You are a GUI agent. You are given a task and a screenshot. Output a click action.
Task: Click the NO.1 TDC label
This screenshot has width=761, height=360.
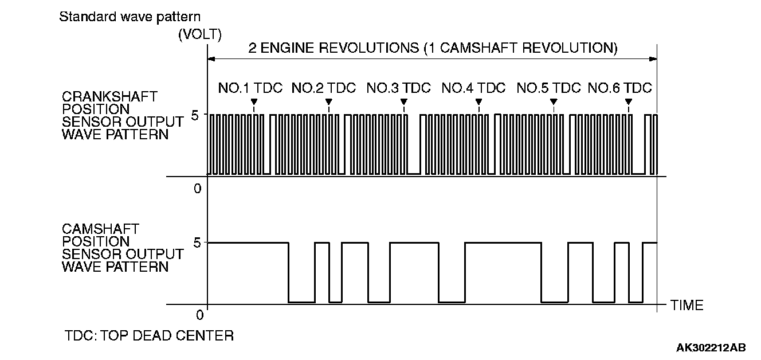click(x=250, y=88)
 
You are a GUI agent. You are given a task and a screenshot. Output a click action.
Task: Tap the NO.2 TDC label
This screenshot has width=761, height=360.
click(x=324, y=88)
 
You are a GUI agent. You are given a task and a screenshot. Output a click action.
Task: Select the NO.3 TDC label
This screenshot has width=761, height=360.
click(x=399, y=88)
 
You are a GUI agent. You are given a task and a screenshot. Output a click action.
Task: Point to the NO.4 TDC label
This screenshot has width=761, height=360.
click(x=474, y=88)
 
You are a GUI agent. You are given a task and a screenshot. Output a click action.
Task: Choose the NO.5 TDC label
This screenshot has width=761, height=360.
click(x=549, y=88)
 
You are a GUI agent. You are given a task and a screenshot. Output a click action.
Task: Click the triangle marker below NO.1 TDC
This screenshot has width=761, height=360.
click(x=254, y=102)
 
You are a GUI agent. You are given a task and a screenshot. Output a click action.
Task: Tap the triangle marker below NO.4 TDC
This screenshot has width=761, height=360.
click(x=478, y=102)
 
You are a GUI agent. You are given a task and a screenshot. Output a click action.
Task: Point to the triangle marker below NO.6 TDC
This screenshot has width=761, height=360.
click(x=629, y=102)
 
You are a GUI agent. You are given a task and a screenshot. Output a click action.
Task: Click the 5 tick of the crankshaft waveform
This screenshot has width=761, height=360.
click(x=195, y=115)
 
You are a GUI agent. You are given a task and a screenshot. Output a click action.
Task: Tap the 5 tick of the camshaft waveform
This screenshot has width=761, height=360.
click(x=197, y=242)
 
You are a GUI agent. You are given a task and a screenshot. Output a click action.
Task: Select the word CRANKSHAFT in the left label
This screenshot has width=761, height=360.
click(x=109, y=96)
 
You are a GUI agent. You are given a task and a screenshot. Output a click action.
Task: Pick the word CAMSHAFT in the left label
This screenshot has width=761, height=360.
click(x=100, y=230)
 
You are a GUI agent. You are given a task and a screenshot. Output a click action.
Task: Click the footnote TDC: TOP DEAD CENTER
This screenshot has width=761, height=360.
click(x=149, y=335)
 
